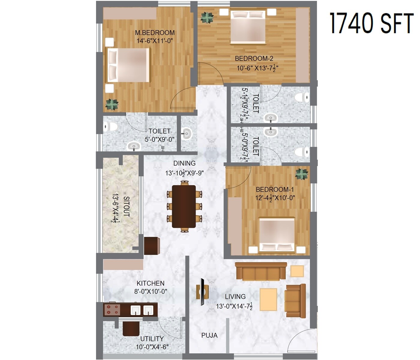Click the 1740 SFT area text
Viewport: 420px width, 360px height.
[x=371, y=23]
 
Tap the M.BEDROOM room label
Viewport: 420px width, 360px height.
[x=154, y=33]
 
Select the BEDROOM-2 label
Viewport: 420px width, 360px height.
[x=254, y=58]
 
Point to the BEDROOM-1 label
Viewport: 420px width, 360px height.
[x=274, y=190]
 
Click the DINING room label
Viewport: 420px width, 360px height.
[x=184, y=163]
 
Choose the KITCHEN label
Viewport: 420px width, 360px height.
[x=150, y=283]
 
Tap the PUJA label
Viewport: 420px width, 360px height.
[x=209, y=335]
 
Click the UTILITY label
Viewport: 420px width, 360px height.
[x=152, y=339]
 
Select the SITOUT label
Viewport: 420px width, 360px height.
[x=126, y=206]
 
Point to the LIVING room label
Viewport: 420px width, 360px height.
[x=235, y=297]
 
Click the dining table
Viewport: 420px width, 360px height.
[x=184, y=206]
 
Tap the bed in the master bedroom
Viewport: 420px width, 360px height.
[x=128, y=65]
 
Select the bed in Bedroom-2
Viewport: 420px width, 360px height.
[x=248, y=27]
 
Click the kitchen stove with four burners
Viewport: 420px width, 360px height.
[x=112, y=310]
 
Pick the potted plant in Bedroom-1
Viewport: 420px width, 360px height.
[x=301, y=174]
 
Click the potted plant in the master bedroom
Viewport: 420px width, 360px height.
[x=112, y=104]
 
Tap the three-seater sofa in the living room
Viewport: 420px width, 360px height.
[x=261, y=271]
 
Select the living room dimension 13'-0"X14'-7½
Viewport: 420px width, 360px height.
[x=234, y=306]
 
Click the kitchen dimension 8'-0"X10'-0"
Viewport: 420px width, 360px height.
[x=151, y=291]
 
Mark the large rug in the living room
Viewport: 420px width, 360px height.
[x=268, y=299]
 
